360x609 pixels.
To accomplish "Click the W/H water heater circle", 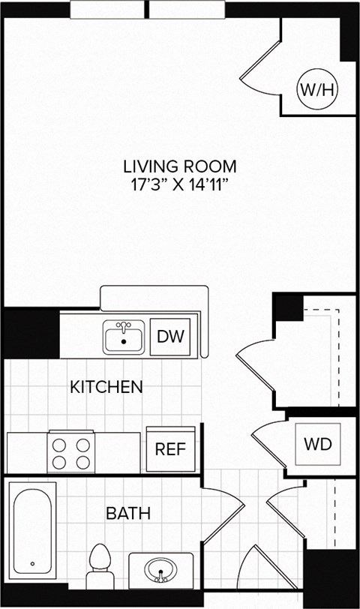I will click(x=319, y=90).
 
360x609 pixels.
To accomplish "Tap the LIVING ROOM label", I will click(x=180, y=166).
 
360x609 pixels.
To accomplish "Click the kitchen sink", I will click(x=124, y=338).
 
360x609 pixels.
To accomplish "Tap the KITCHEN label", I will click(x=106, y=387).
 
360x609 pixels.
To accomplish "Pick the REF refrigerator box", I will click(x=170, y=449).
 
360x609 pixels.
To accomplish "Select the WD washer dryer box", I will click(x=317, y=444).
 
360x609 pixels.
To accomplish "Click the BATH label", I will click(x=127, y=514).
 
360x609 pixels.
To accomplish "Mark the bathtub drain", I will click(x=32, y=563).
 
